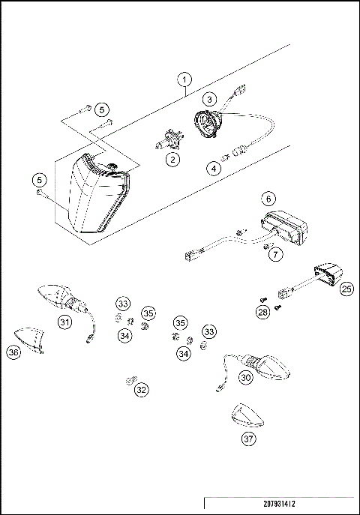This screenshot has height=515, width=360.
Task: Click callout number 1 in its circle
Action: point(185,78)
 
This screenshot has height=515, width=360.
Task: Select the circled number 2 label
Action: point(174,158)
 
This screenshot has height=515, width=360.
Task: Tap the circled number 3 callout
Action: point(211,99)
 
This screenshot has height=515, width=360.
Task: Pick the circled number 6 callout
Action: point(267,199)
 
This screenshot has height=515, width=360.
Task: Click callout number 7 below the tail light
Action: point(276,255)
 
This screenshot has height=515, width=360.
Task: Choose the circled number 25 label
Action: point(346,287)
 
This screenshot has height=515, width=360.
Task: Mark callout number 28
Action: point(262,311)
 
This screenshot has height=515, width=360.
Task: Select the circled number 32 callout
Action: point(141,389)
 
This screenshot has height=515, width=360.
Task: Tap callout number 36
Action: point(13,352)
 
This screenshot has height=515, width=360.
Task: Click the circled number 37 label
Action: point(248,439)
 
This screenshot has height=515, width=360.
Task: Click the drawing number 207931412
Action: point(278,506)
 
